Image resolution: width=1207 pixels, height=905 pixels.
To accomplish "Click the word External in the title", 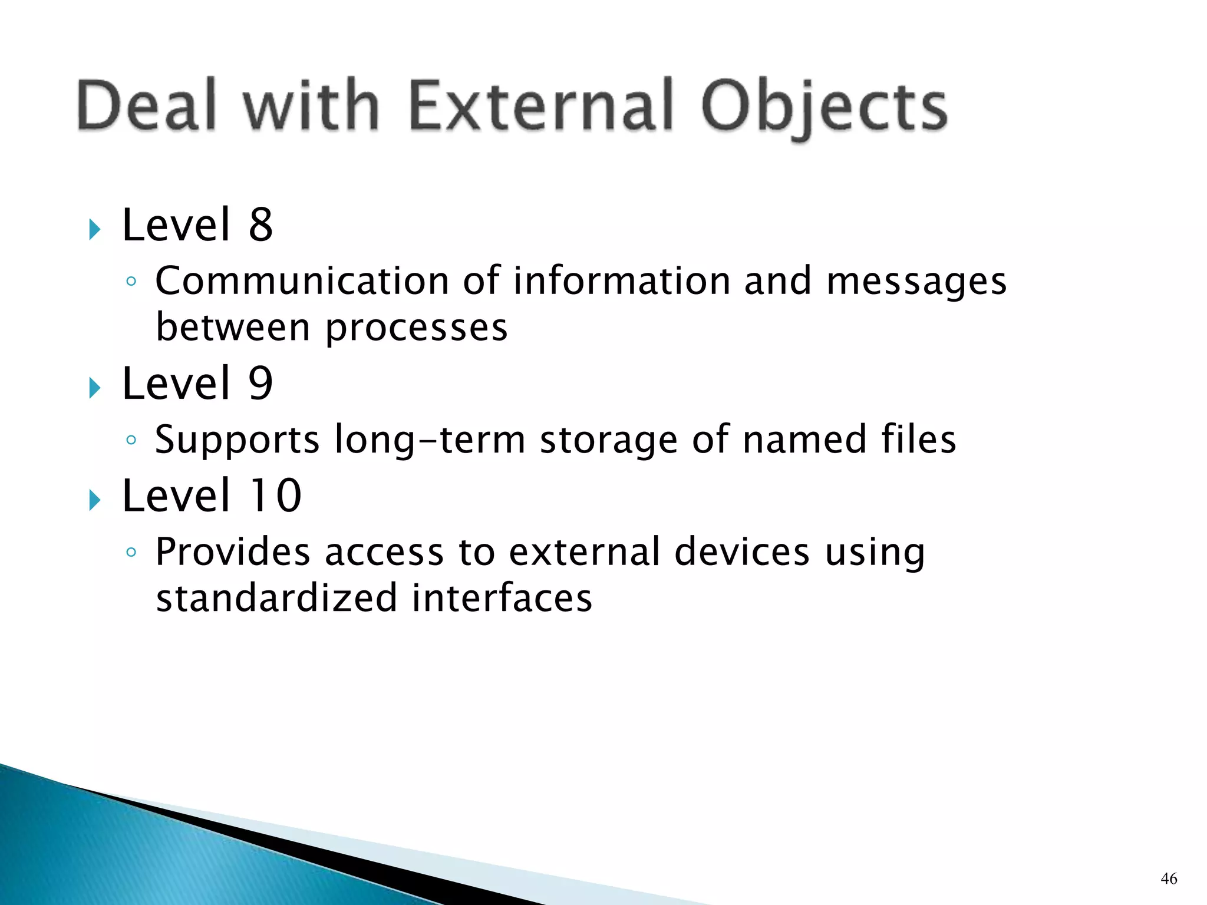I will pos(541,106).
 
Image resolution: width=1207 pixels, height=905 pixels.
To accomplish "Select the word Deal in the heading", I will pos(147,106).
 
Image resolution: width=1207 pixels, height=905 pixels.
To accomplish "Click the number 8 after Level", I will pos(260,225).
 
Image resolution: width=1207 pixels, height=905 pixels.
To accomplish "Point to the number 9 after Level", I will pos(260,384).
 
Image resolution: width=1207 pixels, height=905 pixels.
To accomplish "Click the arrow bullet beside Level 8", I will pos(95,229).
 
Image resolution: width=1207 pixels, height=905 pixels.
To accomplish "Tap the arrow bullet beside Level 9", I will pos(95,388).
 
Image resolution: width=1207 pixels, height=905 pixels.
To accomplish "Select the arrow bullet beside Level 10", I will pos(95,500).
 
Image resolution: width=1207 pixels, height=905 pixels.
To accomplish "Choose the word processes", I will pos(416,329).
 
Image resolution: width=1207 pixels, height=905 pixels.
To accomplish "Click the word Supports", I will pos(237,441).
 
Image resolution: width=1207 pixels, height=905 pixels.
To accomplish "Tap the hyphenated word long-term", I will pos(429,441).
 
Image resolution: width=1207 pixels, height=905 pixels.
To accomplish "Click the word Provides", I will pos(232,552).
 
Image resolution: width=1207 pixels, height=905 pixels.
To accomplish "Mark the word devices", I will pos(741,552).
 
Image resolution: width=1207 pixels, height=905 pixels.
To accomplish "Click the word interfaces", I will pos(502,598).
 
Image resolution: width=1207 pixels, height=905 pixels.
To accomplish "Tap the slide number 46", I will pos(1169,879).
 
